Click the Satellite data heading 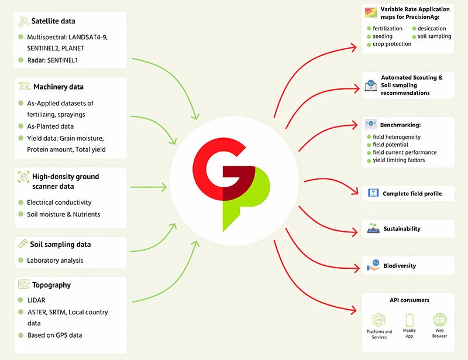point(53,21)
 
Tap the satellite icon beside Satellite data point(23,22)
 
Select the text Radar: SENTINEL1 point(53,60)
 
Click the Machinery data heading point(58,87)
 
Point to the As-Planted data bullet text point(50,126)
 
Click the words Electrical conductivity point(59,203)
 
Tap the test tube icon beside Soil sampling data point(23,244)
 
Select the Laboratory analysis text point(55,260)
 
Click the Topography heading point(51,285)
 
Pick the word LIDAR point(36,300)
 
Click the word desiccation point(432,29)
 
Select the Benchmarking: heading point(400,125)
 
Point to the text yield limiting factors point(399,160)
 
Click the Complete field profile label point(412,194)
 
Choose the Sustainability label point(402,229)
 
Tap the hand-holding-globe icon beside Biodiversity point(373,265)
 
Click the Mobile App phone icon point(409,320)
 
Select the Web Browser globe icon point(440,320)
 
